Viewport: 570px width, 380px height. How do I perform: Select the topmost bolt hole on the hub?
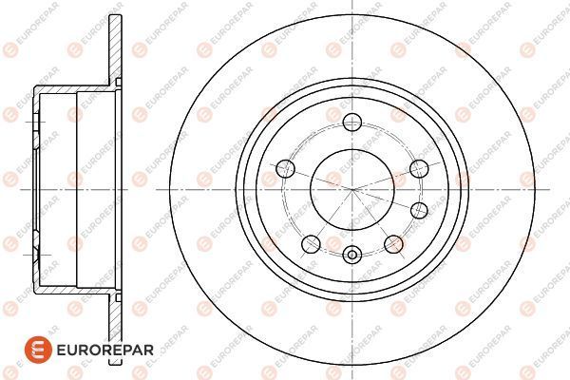click(351, 121)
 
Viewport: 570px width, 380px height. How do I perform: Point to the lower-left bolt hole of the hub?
click(309, 244)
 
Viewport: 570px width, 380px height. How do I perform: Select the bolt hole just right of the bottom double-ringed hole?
click(391, 244)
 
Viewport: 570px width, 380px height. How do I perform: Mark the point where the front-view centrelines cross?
click(351, 187)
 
